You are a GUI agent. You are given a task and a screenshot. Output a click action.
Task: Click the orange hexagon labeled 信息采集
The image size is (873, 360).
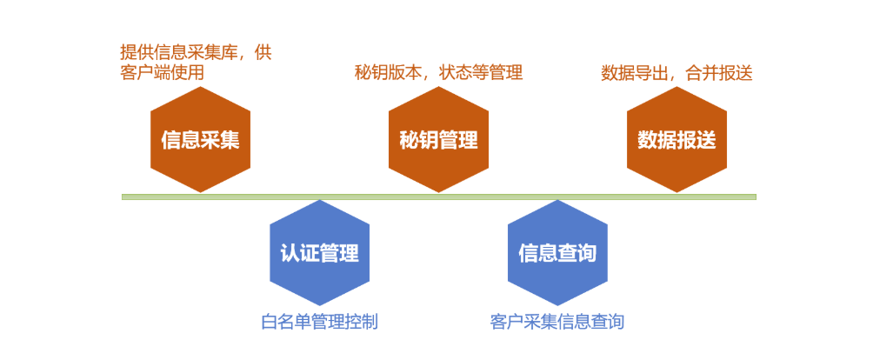(200, 139)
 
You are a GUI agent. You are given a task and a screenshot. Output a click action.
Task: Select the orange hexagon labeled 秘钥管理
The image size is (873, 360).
(438, 139)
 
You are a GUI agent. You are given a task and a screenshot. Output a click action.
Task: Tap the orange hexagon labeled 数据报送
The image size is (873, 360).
(676, 139)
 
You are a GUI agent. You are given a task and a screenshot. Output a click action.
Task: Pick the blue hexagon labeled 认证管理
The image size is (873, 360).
(319, 253)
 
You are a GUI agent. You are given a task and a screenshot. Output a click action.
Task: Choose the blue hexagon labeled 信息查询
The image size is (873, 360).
(557, 253)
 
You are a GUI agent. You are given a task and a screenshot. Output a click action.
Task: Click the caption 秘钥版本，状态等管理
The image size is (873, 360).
(438, 73)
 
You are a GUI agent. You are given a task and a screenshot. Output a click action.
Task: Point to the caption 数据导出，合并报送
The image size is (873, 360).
(676, 73)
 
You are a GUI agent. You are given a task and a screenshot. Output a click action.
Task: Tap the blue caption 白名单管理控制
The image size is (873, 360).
(319, 322)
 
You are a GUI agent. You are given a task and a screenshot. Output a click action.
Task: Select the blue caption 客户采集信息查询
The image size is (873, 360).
(557, 322)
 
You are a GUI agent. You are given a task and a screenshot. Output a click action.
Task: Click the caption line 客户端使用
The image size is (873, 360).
(162, 73)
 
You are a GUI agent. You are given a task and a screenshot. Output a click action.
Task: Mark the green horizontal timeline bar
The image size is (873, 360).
(438, 197)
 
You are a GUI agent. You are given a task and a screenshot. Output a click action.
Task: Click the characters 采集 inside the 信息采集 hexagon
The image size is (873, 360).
(220, 140)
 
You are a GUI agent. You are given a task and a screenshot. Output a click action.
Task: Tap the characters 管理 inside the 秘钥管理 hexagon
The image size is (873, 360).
(458, 140)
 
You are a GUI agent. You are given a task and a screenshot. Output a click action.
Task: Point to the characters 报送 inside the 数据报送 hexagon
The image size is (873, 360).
(696, 140)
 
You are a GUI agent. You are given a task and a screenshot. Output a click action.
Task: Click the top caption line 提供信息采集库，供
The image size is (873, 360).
(196, 52)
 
